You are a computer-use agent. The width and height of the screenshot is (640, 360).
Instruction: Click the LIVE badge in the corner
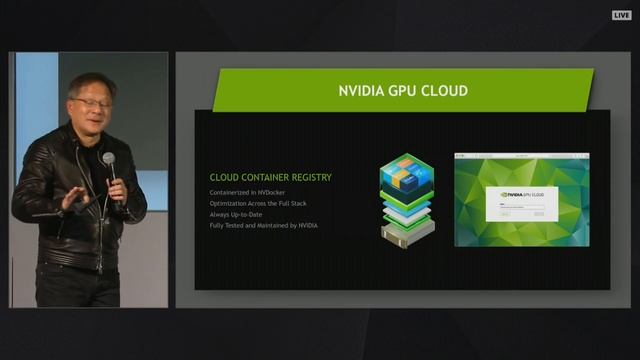point(621,16)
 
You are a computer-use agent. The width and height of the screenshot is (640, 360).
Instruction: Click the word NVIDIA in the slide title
point(365,92)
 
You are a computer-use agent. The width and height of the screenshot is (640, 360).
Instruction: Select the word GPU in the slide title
point(405,92)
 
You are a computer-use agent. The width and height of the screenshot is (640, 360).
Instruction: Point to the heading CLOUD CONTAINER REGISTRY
point(270,177)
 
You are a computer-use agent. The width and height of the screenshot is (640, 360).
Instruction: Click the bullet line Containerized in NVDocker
point(253,191)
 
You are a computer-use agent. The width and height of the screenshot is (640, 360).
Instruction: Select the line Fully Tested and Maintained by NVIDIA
point(264,225)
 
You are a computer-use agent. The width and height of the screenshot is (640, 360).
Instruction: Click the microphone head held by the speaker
point(108,159)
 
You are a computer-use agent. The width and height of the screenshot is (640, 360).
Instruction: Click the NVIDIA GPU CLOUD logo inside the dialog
point(521,194)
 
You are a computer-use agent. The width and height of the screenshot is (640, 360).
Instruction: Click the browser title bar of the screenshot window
point(521,156)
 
